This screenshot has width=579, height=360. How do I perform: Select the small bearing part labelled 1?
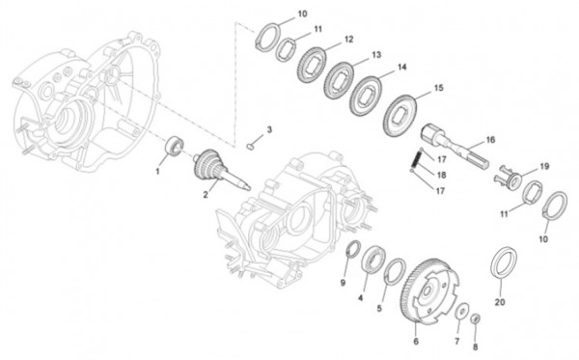175,146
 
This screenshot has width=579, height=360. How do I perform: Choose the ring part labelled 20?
504,263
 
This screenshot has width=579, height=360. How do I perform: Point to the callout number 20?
499,302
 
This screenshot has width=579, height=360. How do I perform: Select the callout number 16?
489,139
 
